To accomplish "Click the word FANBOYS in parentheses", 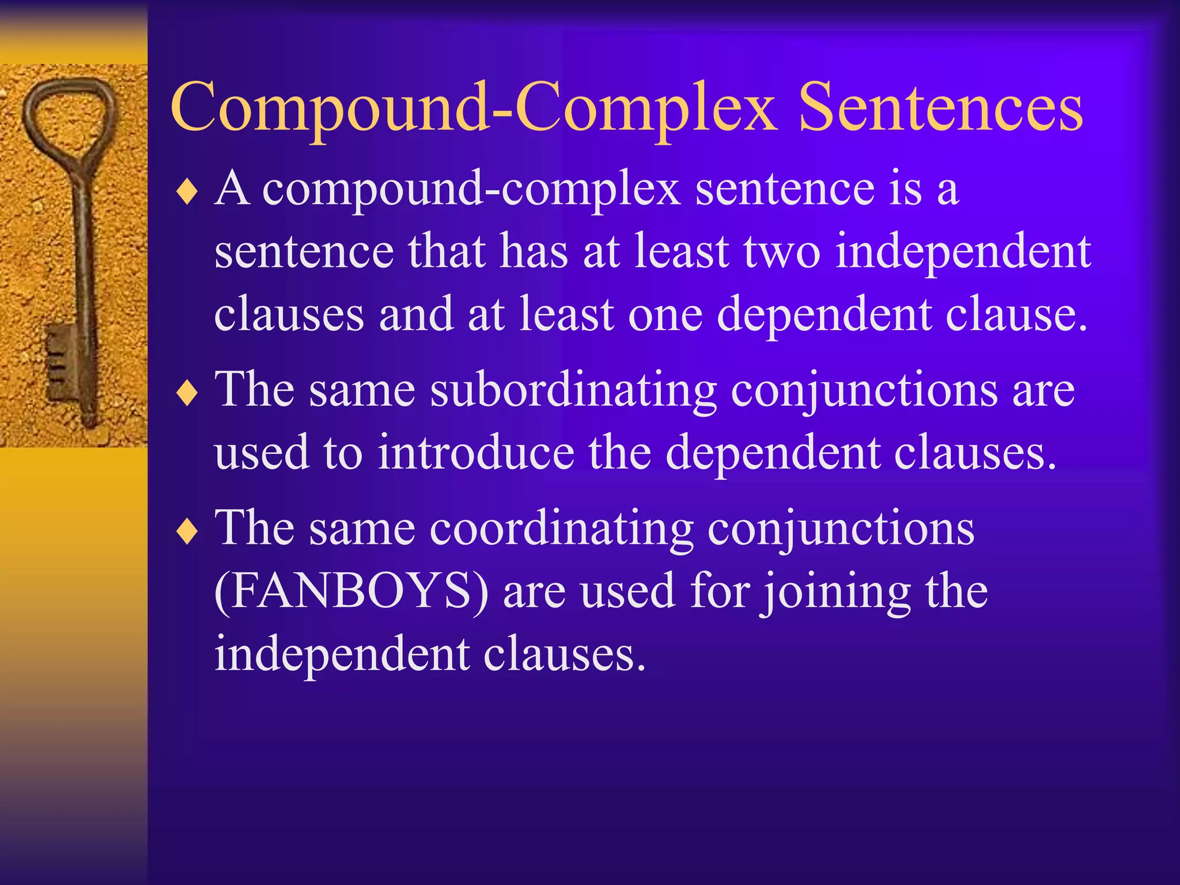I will click(x=351, y=591).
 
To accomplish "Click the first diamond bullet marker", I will click(x=187, y=192).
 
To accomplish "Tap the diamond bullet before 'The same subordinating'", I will click(x=187, y=394).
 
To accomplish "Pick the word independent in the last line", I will click(x=342, y=655).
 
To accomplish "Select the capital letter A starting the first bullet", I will click(x=232, y=188).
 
